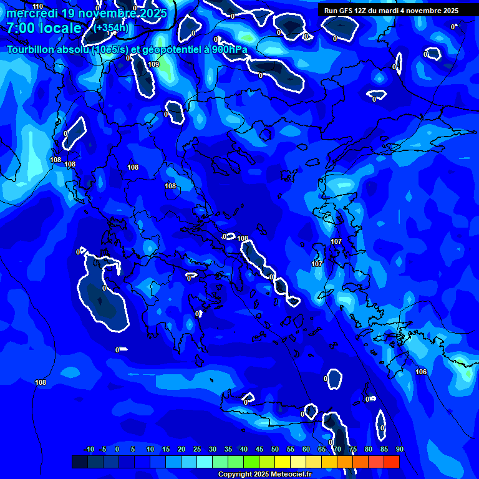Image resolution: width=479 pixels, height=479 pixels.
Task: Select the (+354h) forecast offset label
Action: tap(110, 28)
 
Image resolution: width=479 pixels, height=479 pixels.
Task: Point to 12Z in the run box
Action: tap(363, 11)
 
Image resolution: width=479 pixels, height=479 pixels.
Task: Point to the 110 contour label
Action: tap(38, 6)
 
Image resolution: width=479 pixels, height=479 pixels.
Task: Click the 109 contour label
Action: tap(153, 64)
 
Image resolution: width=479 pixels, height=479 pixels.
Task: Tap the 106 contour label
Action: tap(421, 372)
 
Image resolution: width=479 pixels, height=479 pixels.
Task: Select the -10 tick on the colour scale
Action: tap(89, 449)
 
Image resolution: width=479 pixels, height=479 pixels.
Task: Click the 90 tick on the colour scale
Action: tap(399, 449)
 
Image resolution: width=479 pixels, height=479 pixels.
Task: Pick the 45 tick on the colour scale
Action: tap(259, 449)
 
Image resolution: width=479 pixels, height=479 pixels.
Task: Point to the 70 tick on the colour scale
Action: tap(337, 449)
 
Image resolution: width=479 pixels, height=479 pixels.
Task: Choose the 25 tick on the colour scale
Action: tap(196, 449)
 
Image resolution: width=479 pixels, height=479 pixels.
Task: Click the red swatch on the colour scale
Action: tap(391, 462)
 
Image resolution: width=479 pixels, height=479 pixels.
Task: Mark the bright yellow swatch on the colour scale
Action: tap(282, 462)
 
